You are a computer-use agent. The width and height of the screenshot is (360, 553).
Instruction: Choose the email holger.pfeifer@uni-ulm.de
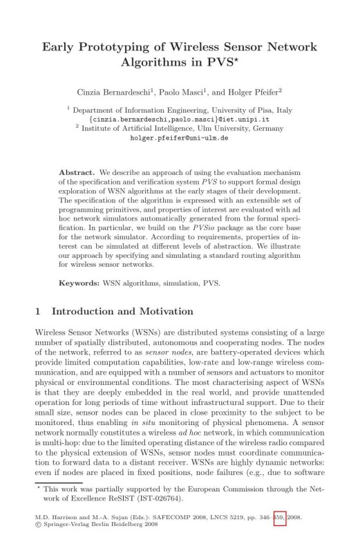coord(179,138)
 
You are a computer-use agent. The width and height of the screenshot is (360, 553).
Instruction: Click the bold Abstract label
coord(76,170)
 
